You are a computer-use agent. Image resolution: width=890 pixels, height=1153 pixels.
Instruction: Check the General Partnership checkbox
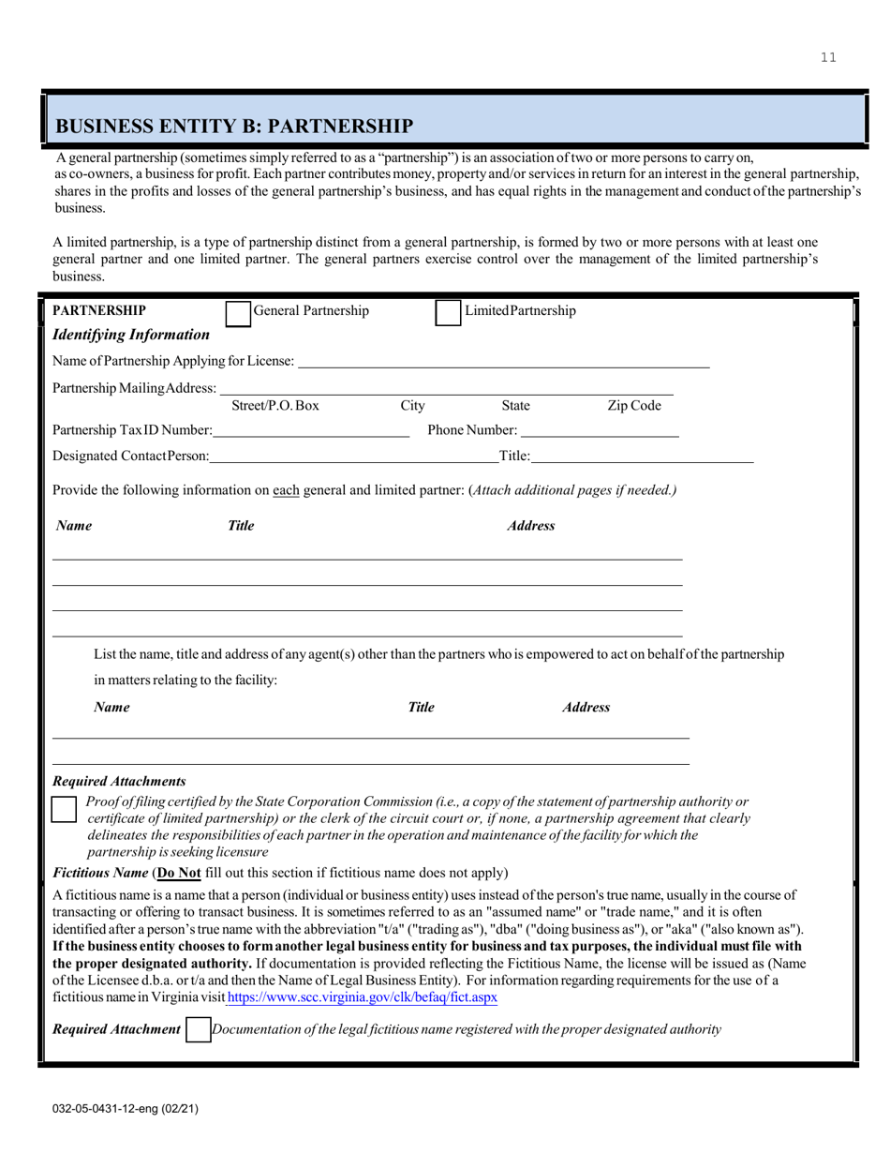239,313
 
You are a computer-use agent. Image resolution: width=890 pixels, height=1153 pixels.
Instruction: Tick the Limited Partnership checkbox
448,313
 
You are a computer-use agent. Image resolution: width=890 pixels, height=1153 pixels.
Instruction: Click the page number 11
828,58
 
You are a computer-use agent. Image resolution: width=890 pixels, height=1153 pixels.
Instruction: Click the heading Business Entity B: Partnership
233,126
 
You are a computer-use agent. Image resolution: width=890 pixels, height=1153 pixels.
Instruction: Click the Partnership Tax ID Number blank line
310,430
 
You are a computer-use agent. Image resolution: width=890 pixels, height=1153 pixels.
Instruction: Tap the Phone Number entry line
599,430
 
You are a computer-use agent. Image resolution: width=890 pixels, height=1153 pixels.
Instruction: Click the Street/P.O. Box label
275,406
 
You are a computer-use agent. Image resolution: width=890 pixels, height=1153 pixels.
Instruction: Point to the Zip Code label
634,406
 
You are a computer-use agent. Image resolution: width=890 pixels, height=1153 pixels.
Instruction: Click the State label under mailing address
515,406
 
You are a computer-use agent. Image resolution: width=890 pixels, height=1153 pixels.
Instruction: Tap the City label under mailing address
412,406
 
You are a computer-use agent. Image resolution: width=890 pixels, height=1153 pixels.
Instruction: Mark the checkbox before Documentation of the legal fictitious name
198,1030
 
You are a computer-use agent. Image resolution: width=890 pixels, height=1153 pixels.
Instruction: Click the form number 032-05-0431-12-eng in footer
125,1108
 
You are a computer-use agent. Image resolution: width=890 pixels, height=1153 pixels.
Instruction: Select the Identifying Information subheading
131,335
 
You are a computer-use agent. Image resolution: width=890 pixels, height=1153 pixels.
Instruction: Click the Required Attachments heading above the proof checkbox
119,781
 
